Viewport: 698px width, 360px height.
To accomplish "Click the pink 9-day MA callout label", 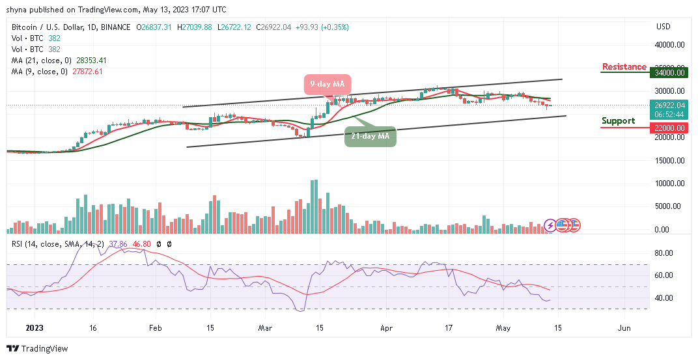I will (328, 84).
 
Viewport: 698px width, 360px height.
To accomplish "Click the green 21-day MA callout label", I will (370, 136).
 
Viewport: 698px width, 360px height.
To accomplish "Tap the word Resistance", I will (624, 66).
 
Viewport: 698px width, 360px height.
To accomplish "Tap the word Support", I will (618, 120).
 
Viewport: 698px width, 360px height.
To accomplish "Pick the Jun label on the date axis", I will (624, 329).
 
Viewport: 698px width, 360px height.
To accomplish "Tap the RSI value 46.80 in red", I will (141, 243).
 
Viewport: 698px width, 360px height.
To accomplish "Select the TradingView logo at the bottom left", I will (37, 348).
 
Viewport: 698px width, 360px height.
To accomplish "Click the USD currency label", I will (663, 27).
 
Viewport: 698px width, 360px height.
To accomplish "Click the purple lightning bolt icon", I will (550, 225).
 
